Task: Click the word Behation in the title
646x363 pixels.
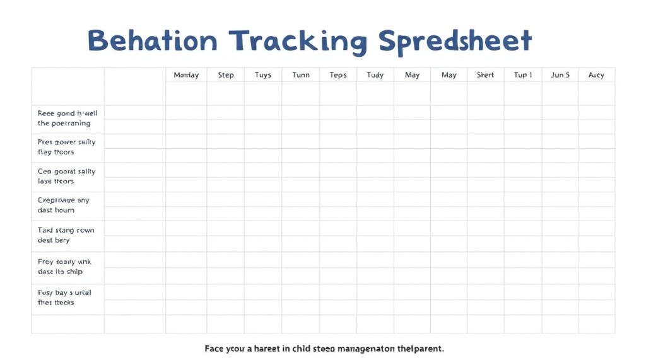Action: (152, 41)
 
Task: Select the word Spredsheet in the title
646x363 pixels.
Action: (455, 42)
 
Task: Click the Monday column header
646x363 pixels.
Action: (186, 75)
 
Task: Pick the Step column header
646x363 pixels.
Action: (226, 75)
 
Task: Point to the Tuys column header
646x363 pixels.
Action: (263, 75)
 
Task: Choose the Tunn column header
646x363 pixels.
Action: (301, 75)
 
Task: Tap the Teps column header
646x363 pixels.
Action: (338, 75)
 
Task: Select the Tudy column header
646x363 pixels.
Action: (375, 75)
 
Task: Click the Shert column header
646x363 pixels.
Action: (485, 75)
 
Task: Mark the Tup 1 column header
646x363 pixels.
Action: (523, 75)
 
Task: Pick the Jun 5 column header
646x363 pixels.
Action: (560, 75)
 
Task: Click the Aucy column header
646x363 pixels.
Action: (596, 75)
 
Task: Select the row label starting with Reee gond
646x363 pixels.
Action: (68, 118)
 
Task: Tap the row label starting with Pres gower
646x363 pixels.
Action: (66, 147)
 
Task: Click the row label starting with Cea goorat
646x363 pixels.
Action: (66, 176)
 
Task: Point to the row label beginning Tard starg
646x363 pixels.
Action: (66, 235)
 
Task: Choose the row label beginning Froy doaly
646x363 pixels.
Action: (64, 267)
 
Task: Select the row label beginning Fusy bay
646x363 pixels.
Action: (64, 297)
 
